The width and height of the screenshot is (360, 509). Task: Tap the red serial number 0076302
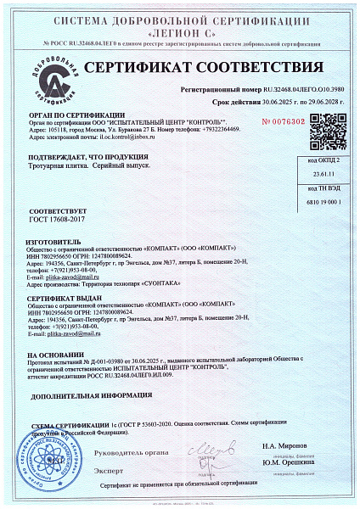286,121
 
